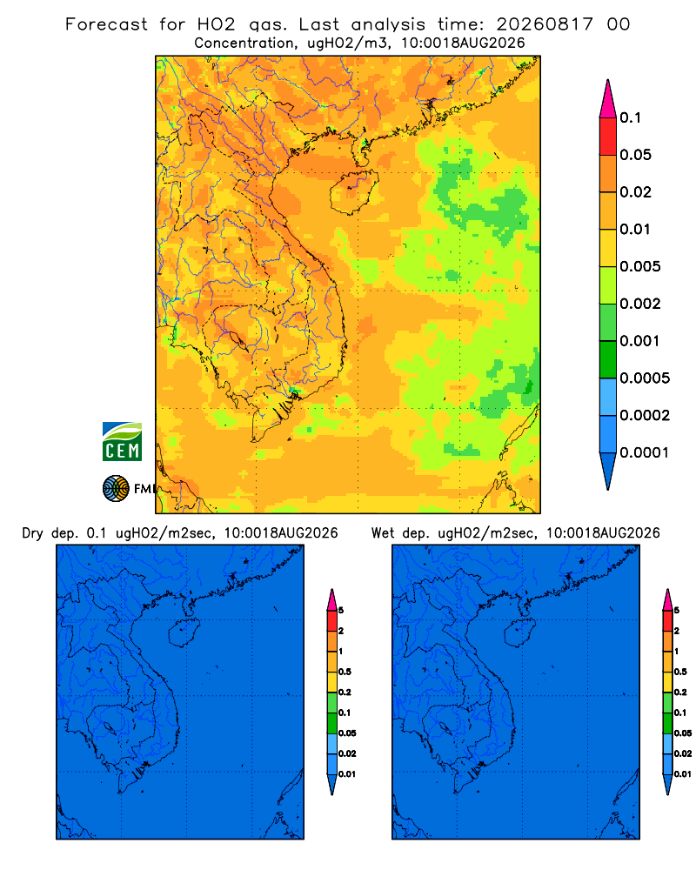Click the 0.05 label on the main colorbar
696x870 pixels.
[635, 155]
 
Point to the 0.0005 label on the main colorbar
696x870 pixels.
[645, 378]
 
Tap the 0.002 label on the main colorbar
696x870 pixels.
[640, 304]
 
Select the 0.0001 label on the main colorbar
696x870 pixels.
[644, 452]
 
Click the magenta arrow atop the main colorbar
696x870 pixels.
[608, 100]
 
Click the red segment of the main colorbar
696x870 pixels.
[608, 137]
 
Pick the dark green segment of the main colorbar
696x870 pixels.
[608, 359]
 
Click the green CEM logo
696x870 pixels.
[122, 442]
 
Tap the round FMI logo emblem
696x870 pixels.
[116, 489]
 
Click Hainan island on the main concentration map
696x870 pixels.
[353, 192]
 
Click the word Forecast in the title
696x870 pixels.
[106, 24]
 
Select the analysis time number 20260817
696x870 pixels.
[545, 24]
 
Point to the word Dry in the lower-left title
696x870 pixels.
[32, 533]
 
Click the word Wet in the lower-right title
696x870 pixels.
[383, 533]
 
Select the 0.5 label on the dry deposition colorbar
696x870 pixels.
[345, 672]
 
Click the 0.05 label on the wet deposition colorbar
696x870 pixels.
[683, 733]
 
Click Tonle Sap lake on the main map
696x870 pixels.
[236, 339]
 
